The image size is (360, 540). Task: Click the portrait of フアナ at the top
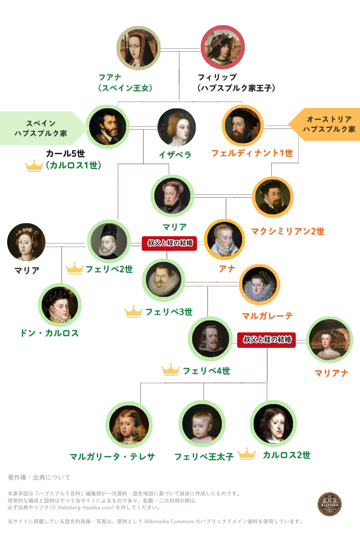pyautogui.click(x=139, y=48)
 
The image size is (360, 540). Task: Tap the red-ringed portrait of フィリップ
pyautogui.click(x=223, y=47)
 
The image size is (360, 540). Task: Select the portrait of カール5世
pyautogui.click(x=108, y=126)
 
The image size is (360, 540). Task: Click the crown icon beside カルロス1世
pyautogui.click(x=34, y=166)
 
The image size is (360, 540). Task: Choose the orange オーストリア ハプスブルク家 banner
pyautogui.click(x=324, y=124)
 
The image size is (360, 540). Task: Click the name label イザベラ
pyautogui.click(x=175, y=155)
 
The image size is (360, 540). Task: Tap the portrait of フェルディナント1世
pyautogui.click(x=243, y=126)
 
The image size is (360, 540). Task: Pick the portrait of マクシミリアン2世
pyautogui.click(x=273, y=197)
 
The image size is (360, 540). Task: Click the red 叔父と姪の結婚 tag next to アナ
pyautogui.click(x=169, y=243)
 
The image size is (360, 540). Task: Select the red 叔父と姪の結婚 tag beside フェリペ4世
pyautogui.click(x=266, y=340)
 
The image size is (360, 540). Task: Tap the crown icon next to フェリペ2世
pyautogui.click(x=75, y=268)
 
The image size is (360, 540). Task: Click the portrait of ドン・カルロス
pyautogui.click(x=60, y=305)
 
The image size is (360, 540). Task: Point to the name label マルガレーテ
pyautogui.click(x=267, y=315)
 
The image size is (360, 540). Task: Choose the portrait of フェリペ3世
pyautogui.click(x=163, y=280)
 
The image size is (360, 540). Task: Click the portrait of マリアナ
pyautogui.click(x=329, y=340)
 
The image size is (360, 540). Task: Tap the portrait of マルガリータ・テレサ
pyautogui.click(x=129, y=425)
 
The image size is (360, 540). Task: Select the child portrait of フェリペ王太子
pyautogui.click(x=202, y=423)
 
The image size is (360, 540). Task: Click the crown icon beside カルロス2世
pyautogui.click(x=247, y=454)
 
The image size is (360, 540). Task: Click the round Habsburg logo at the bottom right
pyautogui.click(x=329, y=504)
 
